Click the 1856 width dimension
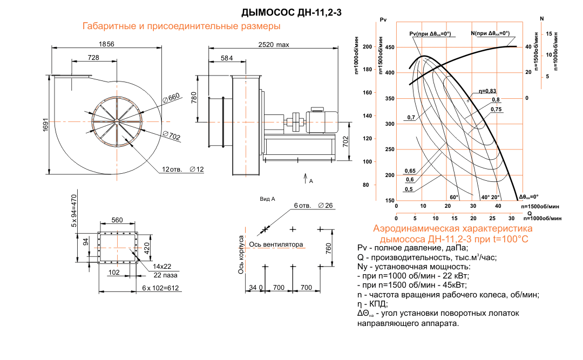[x=106, y=44]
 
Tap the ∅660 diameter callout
[x=171, y=97]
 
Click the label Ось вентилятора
[x=276, y=244]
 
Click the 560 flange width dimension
[x=117, y=220]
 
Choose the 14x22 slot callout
[x=162, y=267]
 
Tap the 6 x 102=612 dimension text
[x=160, y=289]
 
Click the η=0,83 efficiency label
[x=487, y=91]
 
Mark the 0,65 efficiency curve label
[x=410, y=171]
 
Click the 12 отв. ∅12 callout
[x=183, y=169]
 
